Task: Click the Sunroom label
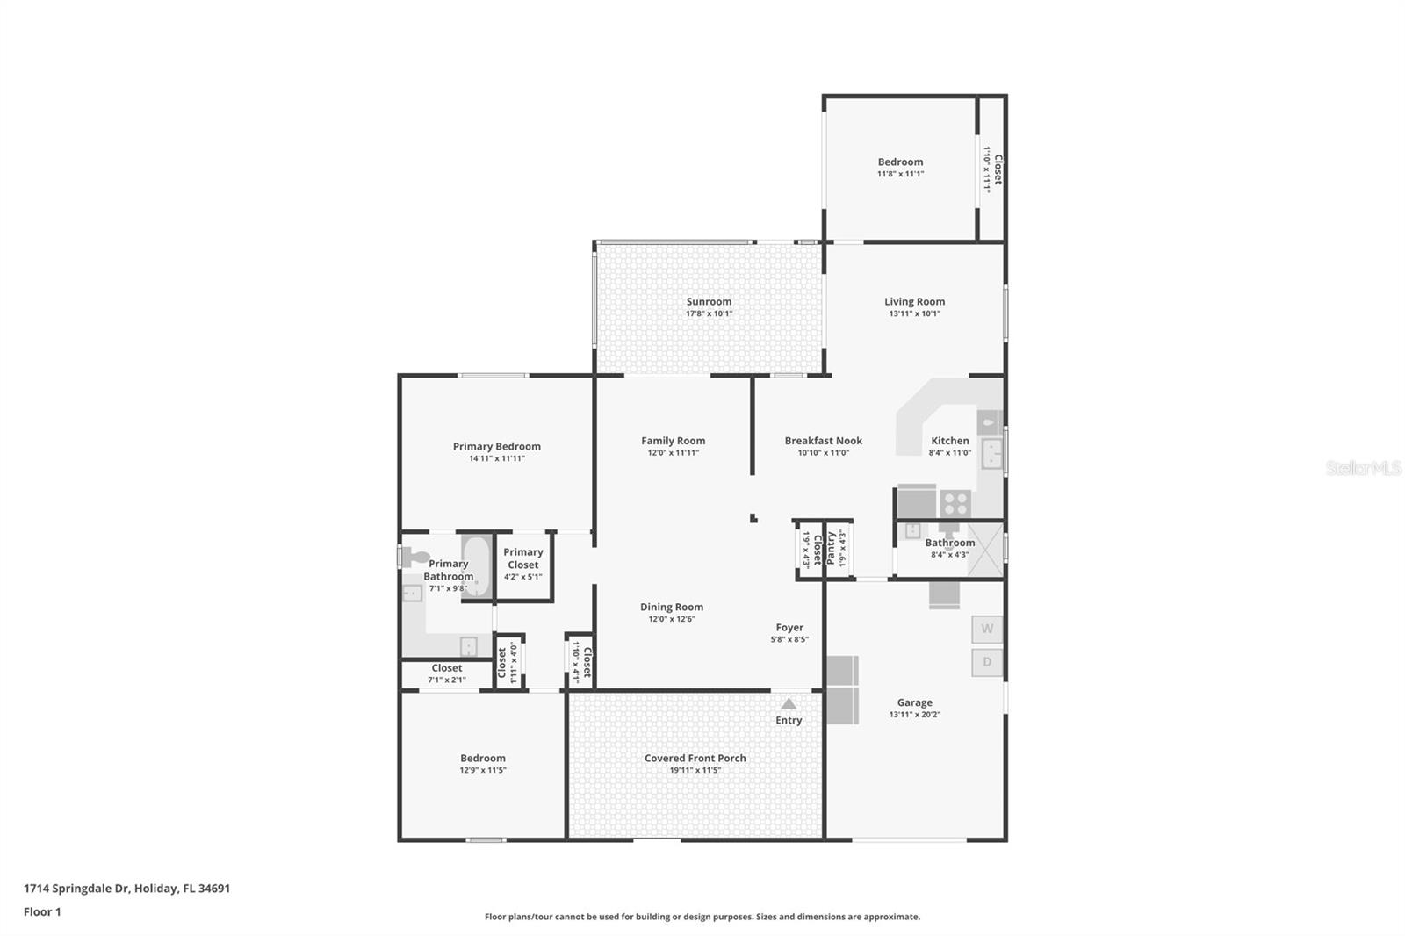pos(709,301)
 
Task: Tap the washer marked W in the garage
pos(987,629)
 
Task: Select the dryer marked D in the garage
pos(987,662)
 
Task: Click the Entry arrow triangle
pos(789,703)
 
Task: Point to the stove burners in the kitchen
pos(955,504)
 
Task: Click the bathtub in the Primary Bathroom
pos(477,567)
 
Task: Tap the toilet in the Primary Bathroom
pos(415,557)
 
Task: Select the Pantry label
pos(831,548)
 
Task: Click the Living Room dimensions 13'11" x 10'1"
pos(914,313)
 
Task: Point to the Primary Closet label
pos(523,558)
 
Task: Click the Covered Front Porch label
pos(695,758)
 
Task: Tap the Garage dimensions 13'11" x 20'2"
pos(914,715)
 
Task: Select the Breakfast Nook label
pos(823,441)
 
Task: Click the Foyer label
pos(789,627)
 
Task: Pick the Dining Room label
pos(672,607)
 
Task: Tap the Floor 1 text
pos(42,911)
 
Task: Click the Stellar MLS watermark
pos(1362,469)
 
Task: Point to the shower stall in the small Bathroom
pos(985,549)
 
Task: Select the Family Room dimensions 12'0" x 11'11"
pos(673,453)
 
